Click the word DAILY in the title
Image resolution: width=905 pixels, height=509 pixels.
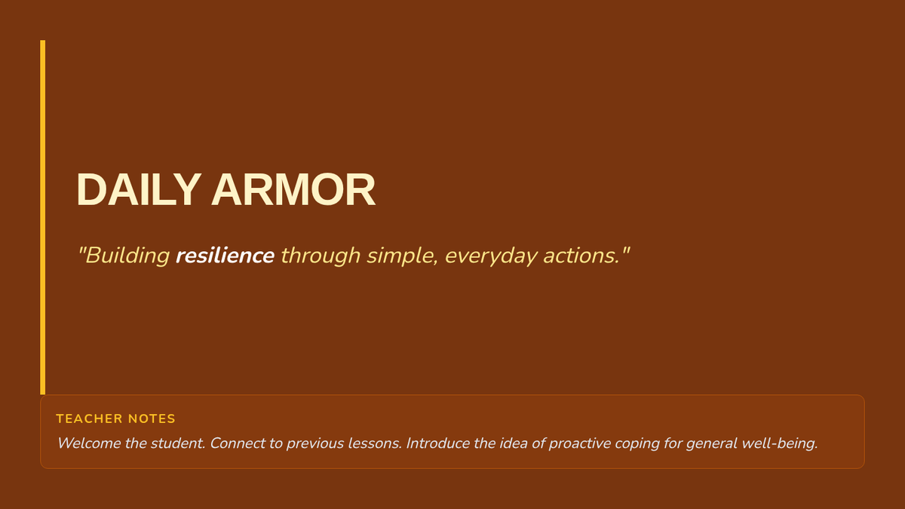(x=139, y=189)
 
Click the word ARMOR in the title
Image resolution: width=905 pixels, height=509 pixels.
(x=293, y=189)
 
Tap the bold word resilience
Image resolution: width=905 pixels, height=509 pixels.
(x=225, y=256)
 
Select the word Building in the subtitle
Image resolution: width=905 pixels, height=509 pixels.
(x=127, y=256)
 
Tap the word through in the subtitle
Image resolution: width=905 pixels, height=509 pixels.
(x=321, y=256)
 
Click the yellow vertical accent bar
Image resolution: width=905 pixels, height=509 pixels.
(x=42, y=217)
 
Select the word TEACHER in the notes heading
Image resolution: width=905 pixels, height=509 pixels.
(x=89, y=419)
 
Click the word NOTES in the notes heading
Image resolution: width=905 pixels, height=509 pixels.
(x=152, y=419)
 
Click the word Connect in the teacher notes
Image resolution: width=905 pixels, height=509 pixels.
(x=237, y=443)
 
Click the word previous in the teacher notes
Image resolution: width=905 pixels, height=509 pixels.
(x=314, y=444)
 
